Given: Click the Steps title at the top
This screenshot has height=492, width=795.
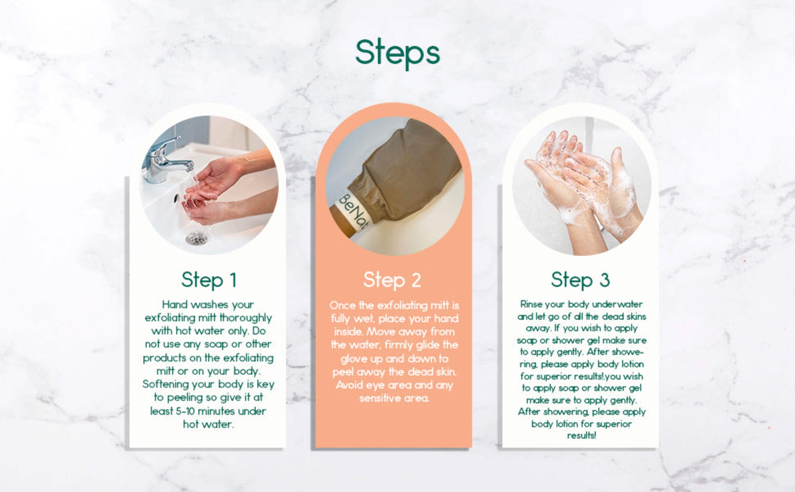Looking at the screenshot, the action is (397, 54).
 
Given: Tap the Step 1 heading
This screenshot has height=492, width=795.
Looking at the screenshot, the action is (209, 280).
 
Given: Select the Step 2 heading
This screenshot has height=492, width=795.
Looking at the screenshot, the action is (392, 280).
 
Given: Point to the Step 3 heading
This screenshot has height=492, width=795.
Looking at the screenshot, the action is (580, 280).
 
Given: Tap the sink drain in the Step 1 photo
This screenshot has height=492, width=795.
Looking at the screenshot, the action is (196, 238).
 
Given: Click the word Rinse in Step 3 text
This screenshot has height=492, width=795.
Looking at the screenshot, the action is (530, 304).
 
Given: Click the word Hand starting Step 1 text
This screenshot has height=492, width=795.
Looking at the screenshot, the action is (174, 304).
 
